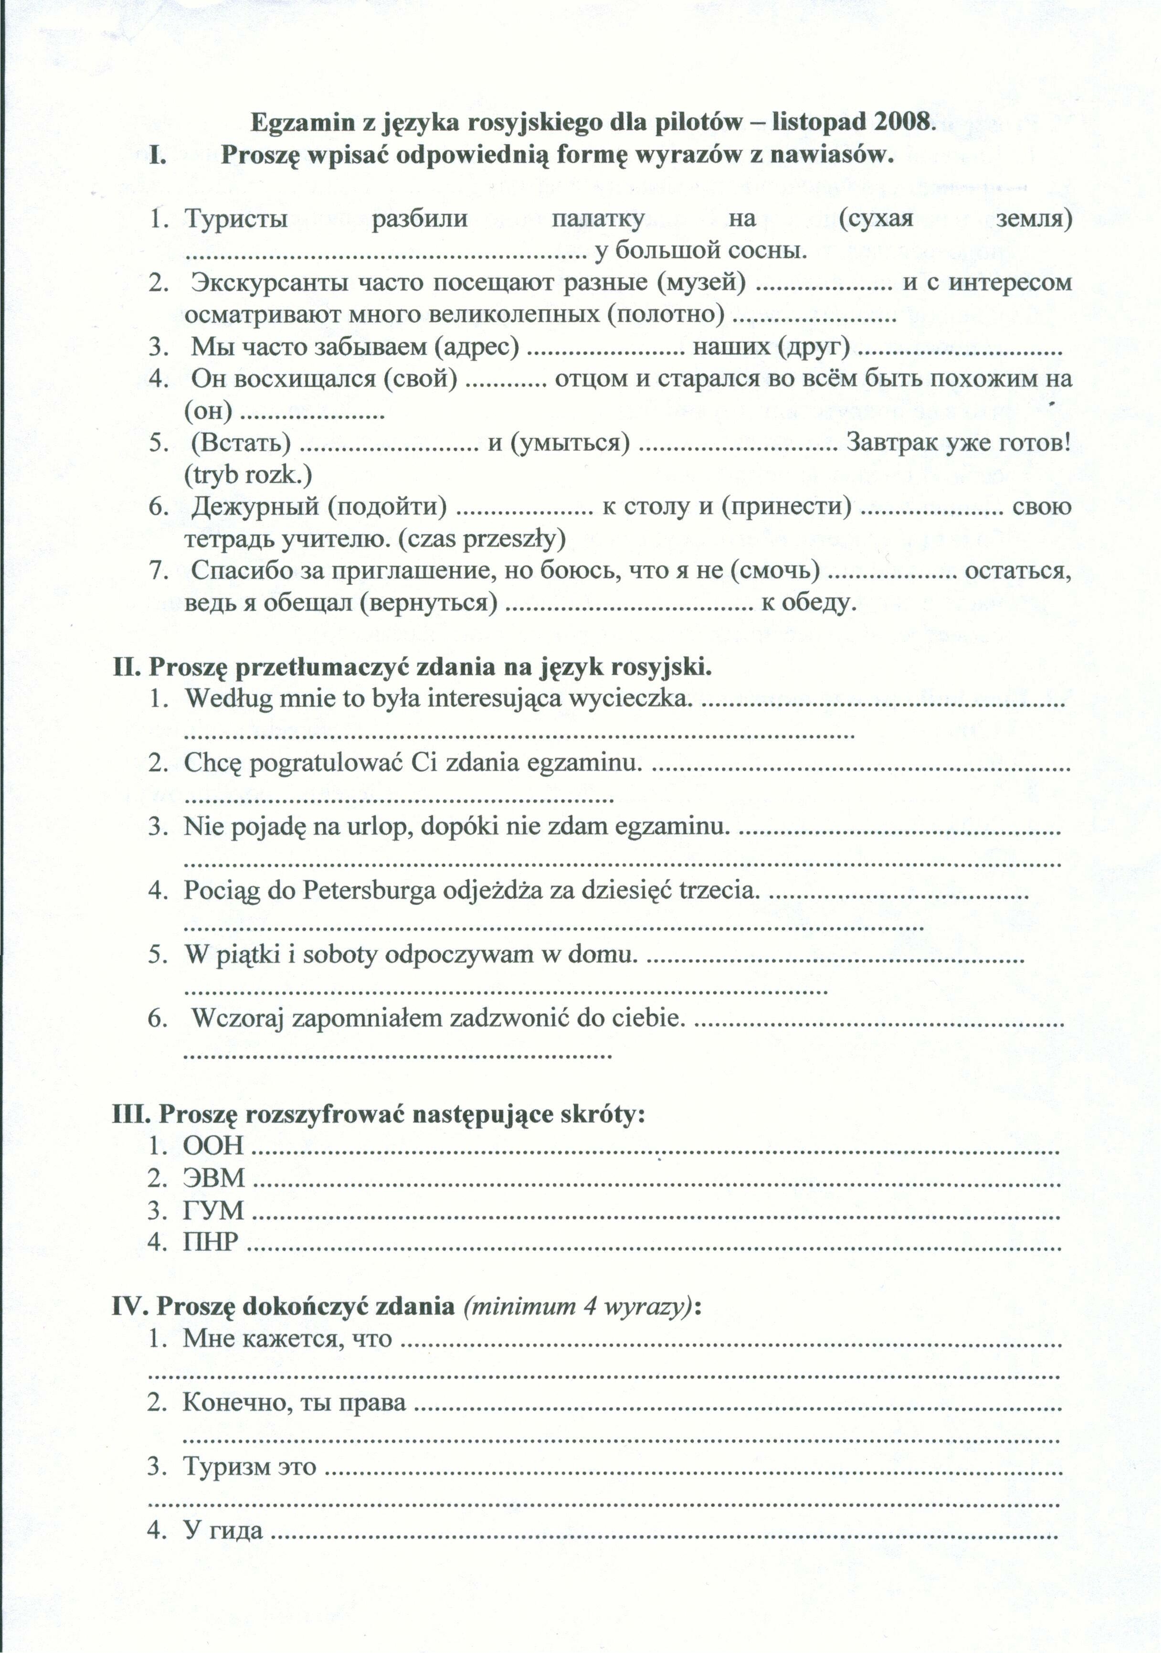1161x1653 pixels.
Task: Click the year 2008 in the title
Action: pos(903,122)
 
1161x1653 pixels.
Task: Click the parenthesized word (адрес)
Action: pos(477,347)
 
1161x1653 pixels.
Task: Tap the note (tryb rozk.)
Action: pos(248,474)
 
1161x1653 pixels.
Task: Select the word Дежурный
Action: pos(255,506)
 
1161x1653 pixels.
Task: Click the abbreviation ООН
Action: pos(214,1147)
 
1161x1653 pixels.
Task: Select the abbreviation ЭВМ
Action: pos(214,1179)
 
